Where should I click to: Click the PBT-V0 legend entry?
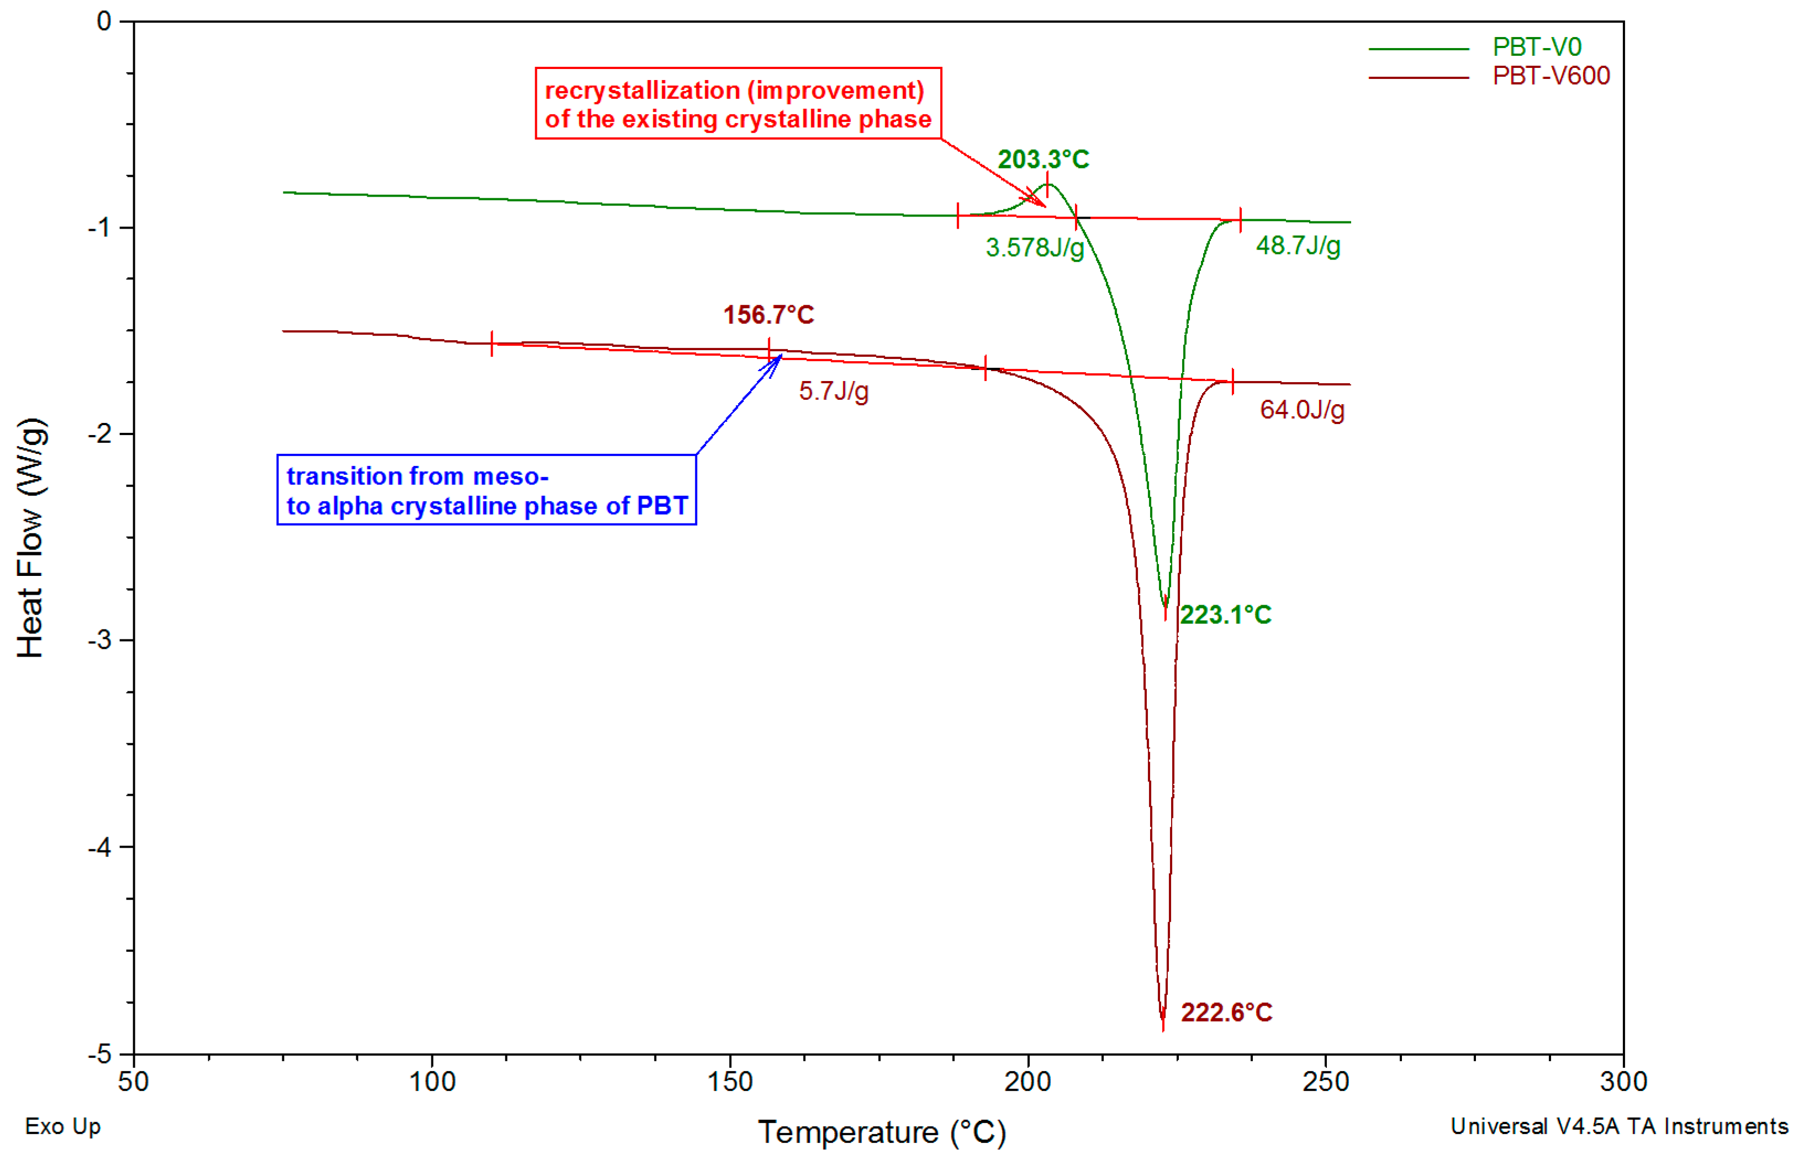tap(1536, 47)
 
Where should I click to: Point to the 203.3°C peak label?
tap(1043, 160)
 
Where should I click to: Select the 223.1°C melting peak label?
tap(1225, 615)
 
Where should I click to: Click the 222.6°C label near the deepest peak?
tap(1226, 1012)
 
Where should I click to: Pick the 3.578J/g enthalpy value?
tap(1035, 247)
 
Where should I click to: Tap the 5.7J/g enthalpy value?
tap(833, 390)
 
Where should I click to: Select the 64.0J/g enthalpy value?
tap(1302, 409)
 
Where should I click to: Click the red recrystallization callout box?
tap(738, 104)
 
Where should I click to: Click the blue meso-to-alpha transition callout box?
tap(487, 490)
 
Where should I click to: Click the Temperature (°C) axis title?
tap(881, 1132)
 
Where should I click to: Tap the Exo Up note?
tap(62, 1126)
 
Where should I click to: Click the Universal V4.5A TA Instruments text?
tap(1619, 1126)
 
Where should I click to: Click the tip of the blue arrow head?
tap(782, 354)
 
